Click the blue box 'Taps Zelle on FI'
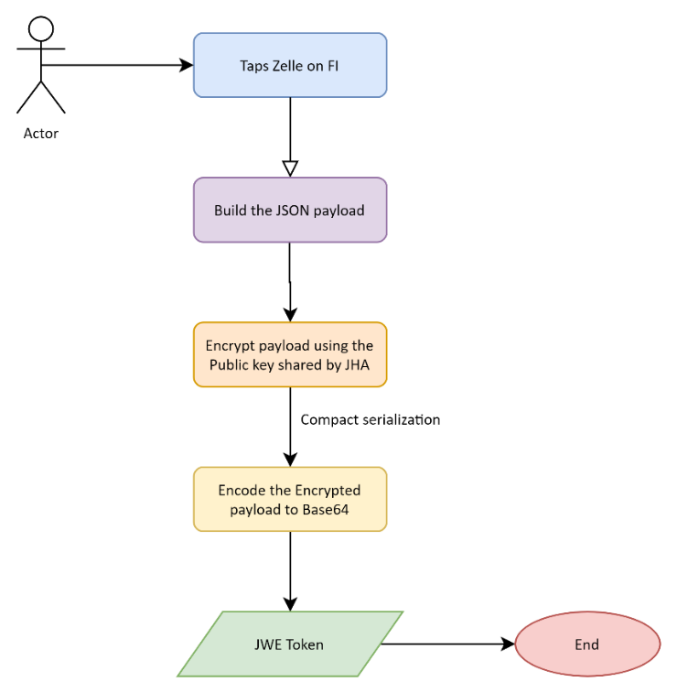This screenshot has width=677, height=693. click(x=290, y=65)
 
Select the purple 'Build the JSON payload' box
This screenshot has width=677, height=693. click(x=290, y=211)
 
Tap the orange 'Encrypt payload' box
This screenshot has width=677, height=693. click(x=290, y=354)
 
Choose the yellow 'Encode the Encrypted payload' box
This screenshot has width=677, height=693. click(x=290, y=499)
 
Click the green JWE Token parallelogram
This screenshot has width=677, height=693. click(x=290, y=644)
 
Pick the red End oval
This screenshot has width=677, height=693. click(x=586, y=644)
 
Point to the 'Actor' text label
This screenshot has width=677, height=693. click(x=40, y=134)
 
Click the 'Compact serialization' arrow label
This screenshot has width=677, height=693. click(x=371, y=420)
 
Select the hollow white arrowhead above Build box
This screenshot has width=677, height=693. click(x=290, y=168)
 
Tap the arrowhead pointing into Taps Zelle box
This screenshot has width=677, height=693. click(x=187, y=65)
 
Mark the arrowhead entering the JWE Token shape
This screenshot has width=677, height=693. click(x=290, y=604)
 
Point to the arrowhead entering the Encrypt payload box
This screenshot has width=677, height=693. click(x=290, y=315)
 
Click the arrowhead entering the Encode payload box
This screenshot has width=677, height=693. click(x=290, y=460)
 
